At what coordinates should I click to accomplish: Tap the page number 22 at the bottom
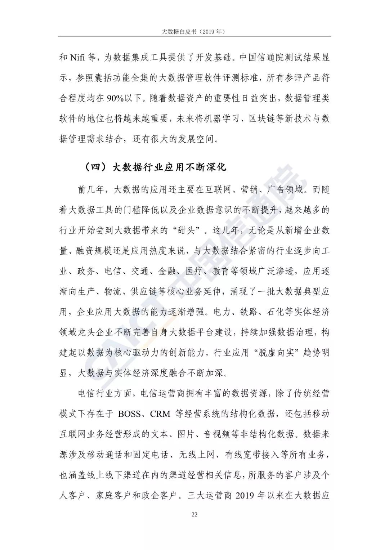194,514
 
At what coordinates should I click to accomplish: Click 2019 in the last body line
245,495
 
